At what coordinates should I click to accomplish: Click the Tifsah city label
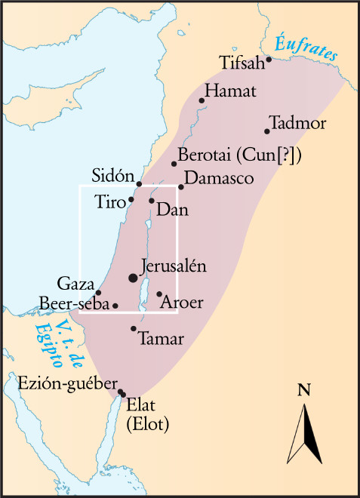click(x=241, y=62)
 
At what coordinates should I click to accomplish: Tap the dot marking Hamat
click(x=202, y=100)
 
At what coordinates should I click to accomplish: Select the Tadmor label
click(x=297, y=122)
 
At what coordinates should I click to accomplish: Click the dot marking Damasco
click(x=181, y=187)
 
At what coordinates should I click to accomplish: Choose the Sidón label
click(x=112, y=173)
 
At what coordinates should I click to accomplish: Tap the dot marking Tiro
click(x=131, y=199)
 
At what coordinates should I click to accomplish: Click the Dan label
click(x=171, y=204)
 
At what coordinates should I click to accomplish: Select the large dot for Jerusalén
click(x=134, y=278)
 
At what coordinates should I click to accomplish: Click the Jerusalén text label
click(x=174, y=267)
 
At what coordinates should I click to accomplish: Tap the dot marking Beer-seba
click(x=115, y=306)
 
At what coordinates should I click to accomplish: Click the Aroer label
click(x=183, y=303)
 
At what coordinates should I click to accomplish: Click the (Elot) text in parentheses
click(x=148, y=424)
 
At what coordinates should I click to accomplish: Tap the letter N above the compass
click(x=304, y=390)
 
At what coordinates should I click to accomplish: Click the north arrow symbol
click(x=306, y=434)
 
